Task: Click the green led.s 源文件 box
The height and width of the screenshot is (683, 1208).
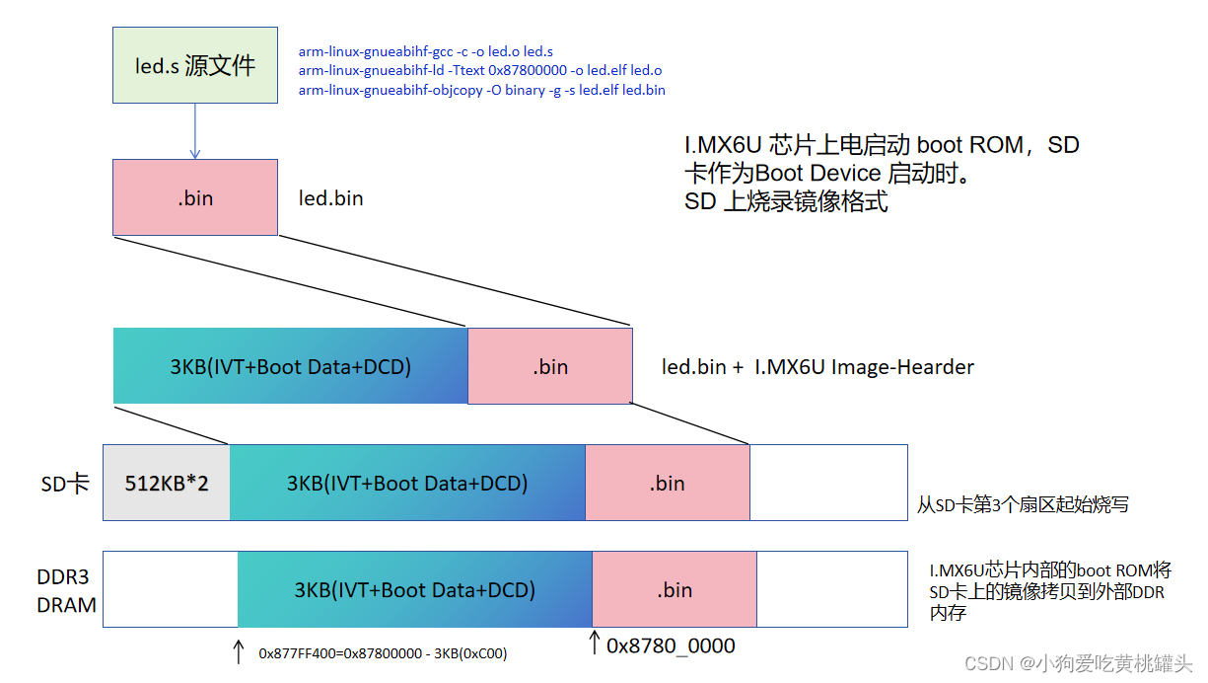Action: pos(195,65)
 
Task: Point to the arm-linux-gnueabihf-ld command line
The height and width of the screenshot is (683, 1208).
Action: pos(480,70)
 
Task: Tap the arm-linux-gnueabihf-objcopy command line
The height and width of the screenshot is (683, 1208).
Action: pos(481,90)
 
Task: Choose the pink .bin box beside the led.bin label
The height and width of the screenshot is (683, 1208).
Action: pos(195,197)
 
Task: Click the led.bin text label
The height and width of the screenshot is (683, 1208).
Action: pos(331,198)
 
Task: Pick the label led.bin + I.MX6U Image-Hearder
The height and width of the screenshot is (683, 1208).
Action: pos(817,367)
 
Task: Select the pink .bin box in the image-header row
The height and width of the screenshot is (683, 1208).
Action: pos(550,366)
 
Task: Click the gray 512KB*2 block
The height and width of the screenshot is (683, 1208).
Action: pos(167,484)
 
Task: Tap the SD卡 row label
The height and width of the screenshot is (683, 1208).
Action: pos(65,484)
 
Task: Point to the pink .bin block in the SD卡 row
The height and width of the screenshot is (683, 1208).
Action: pos(668,484)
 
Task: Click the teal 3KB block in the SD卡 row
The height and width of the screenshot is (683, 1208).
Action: pos(407,484)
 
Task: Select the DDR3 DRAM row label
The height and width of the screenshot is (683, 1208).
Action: pos(66,590)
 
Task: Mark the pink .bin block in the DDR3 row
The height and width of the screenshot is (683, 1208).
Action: pos(675,590)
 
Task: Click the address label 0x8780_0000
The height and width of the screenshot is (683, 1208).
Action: pos(671,645)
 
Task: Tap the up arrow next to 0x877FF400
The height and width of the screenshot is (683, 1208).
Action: pos(238,650)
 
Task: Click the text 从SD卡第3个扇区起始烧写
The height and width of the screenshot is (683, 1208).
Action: pos(1023,505)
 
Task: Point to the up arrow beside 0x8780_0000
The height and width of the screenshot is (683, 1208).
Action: pos(594,643)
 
